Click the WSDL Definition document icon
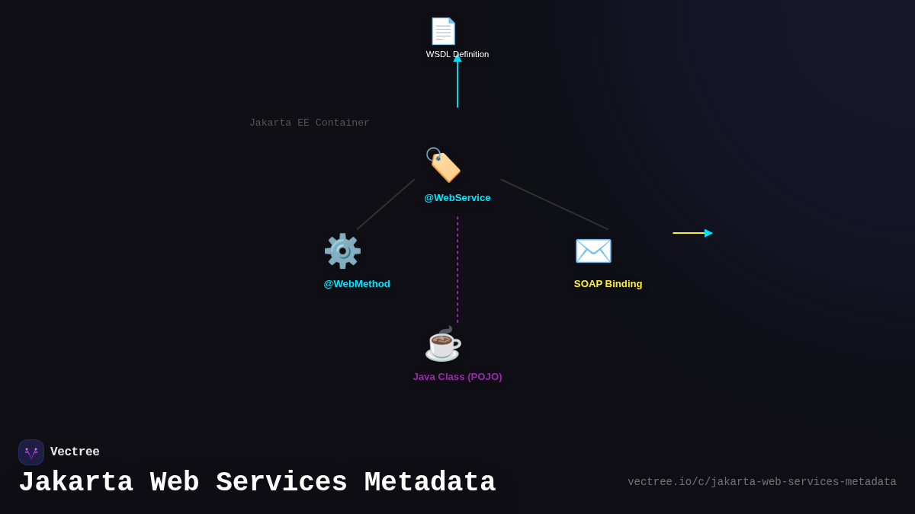(x=443, y=31)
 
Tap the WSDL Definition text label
(x=457, y=54)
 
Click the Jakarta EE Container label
(x=310, y=123)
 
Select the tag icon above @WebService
(x=443, y=165)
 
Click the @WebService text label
(x=457, y=198)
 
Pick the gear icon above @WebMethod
(x=342, y=251)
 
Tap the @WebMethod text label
(x=357, y=284)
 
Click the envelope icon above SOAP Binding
(x=593, y=251)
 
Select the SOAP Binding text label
(x=608, y=284)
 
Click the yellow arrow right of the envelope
(x=692, y=233)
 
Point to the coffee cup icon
(x=443, y=343)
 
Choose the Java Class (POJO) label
(x=457, y=377)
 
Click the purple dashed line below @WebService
(x=457, y=270)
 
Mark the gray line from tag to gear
(x=386, y=204)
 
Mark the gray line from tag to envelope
(x=554, y=204)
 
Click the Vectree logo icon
(x=31, y=452)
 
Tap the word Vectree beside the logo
(x=75, y=452)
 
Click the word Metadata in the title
(x=430, y=483)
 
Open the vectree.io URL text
(x=762, y=482)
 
